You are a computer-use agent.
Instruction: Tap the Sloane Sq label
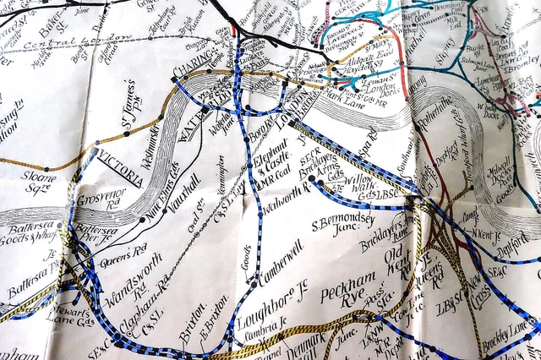pos(34,184)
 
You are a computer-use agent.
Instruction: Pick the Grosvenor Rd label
pos(101,201)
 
